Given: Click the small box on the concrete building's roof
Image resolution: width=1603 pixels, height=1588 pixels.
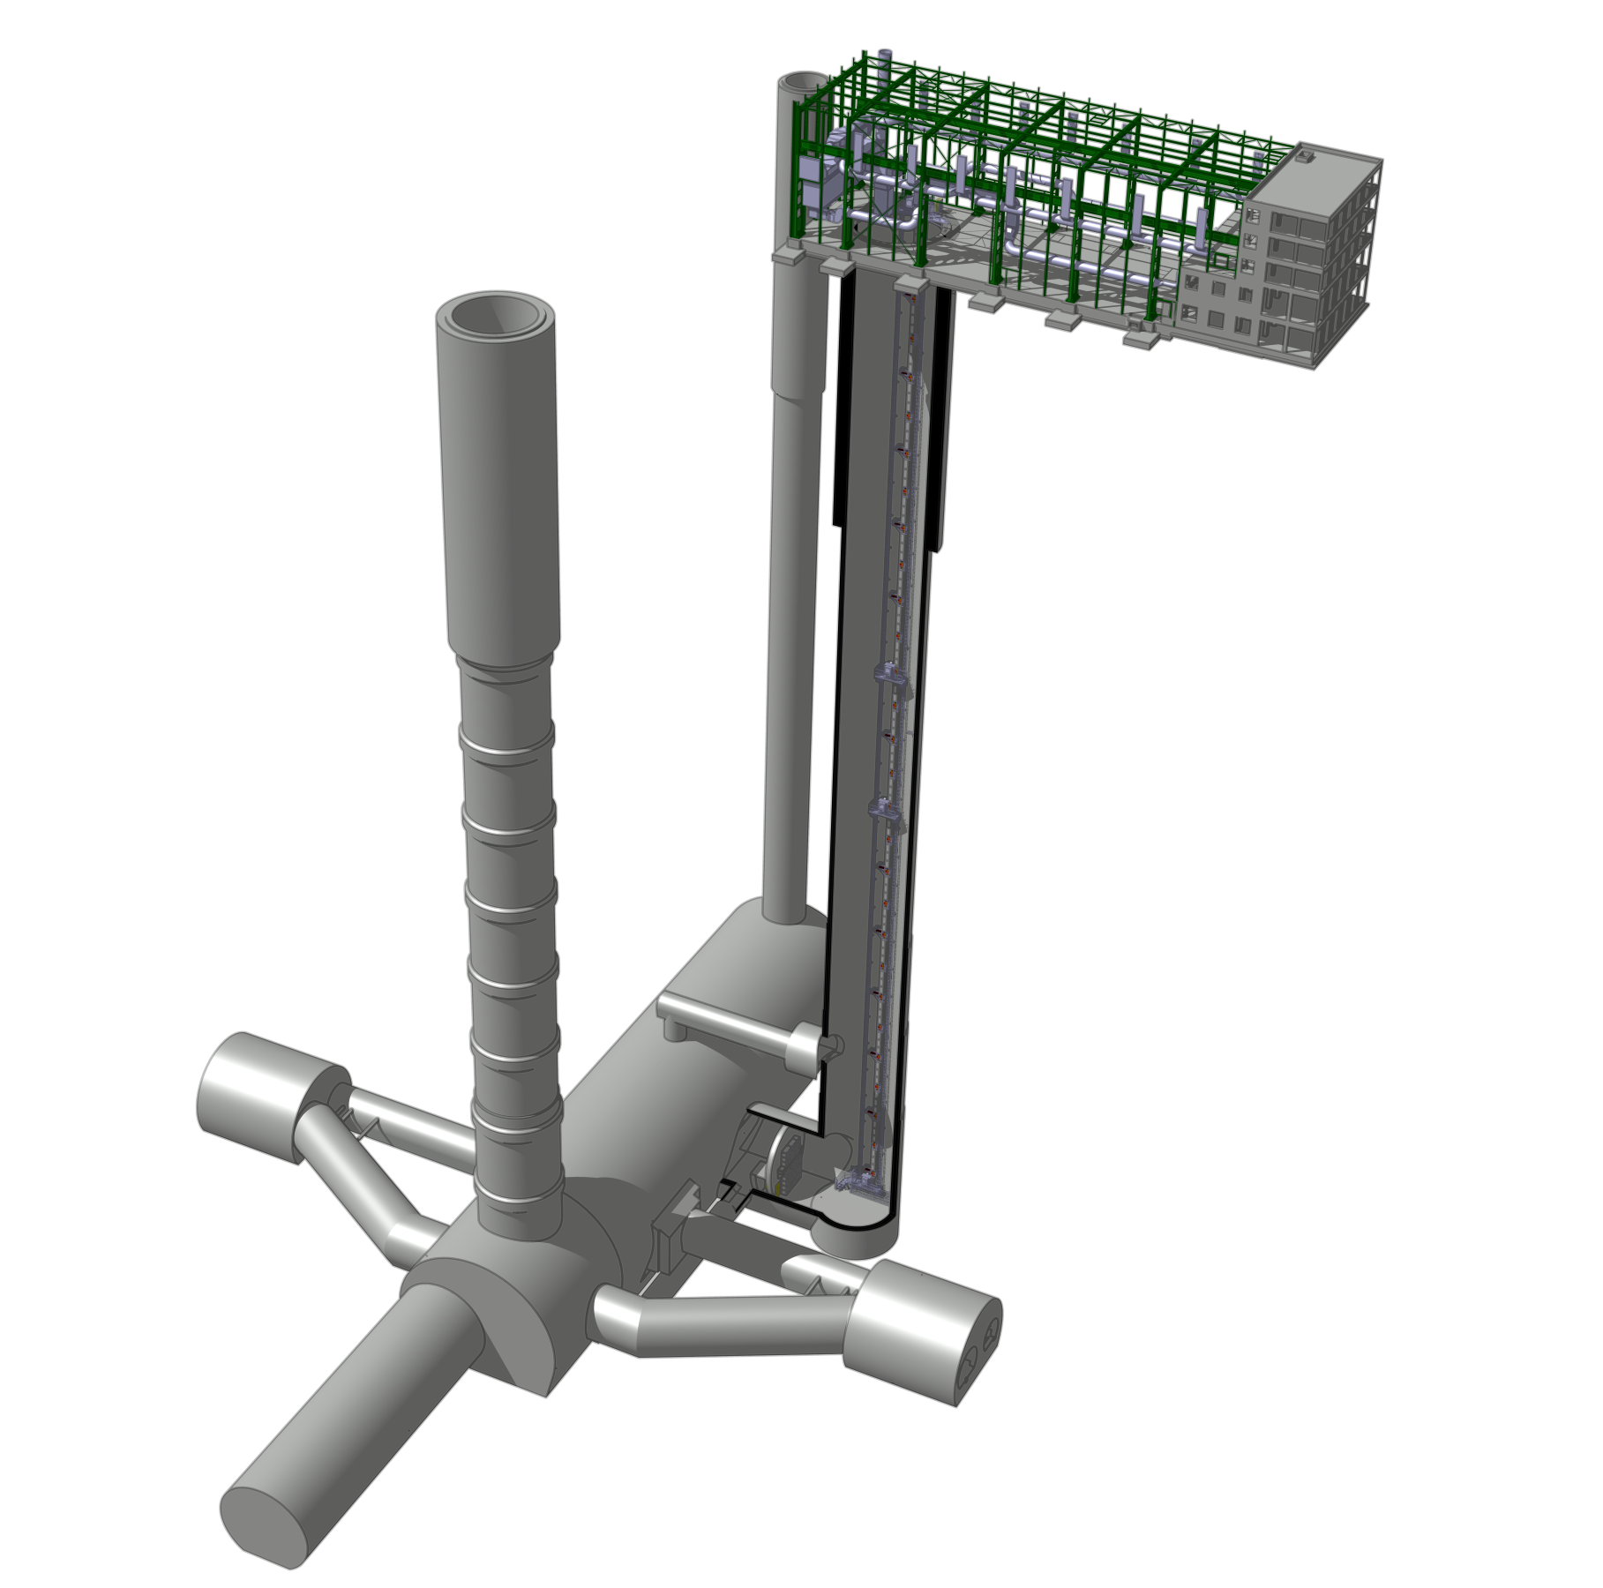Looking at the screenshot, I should (x=1304, y=158).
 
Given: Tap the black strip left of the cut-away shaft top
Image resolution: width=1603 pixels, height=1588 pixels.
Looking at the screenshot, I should (x=845, y=397).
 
